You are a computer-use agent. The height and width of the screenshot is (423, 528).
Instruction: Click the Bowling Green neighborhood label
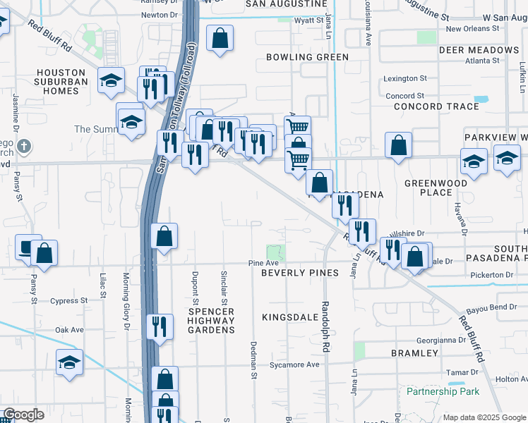[x=307, y=57]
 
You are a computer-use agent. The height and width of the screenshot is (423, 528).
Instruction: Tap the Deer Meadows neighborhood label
[x=479, y=51]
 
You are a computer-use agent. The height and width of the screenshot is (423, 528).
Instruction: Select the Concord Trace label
[x=436, y=107]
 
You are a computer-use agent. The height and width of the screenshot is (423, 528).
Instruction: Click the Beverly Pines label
[x=299, y=273]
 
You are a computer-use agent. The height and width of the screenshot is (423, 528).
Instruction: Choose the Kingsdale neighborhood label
[x=291, y=318]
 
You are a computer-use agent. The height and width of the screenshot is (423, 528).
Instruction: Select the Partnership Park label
[x=443, y=391]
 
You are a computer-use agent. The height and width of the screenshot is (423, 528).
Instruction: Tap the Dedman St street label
[x=253, y=359]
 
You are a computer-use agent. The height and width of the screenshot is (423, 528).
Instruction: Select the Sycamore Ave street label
[x=294, y=365]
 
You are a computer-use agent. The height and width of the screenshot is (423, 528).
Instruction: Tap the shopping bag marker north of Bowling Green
[x=220, y=38]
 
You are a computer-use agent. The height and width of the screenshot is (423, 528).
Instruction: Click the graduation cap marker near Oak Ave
[x=69, y=362]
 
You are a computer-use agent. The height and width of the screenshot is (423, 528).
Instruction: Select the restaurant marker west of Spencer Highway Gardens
[x=160, y=326]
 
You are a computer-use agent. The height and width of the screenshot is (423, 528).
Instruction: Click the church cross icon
[x=24, y=147]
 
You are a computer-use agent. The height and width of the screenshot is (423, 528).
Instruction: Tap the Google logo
[x=23, y=415]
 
